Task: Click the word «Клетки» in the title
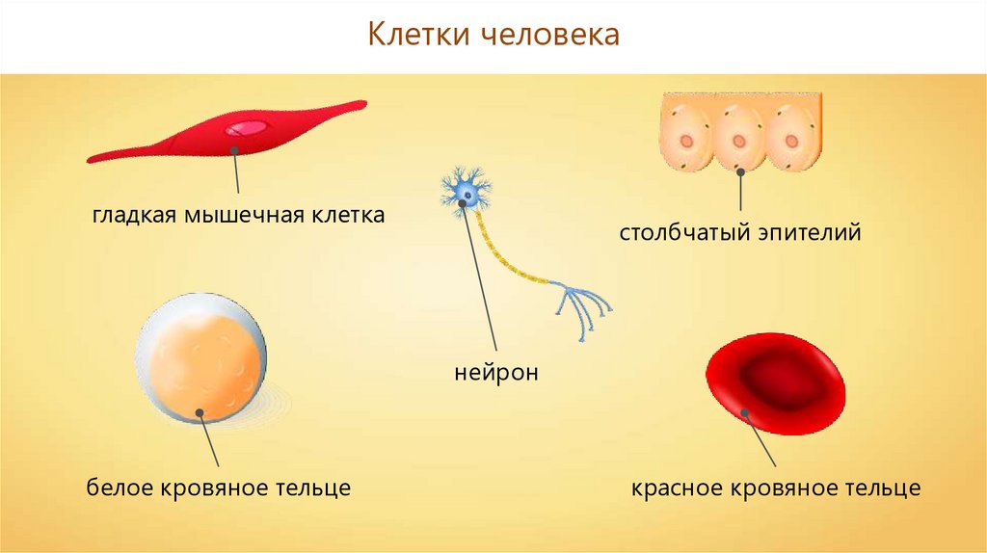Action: [418, 34]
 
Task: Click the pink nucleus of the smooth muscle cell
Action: [246, 128]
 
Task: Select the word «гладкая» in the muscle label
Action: [134, 216]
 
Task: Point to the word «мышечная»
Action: [246, 216]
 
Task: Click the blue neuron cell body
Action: [466, 192]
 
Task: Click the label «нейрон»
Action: [496, 373]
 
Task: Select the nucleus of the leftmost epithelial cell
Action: [686, 141]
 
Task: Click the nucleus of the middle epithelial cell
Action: [739, 141]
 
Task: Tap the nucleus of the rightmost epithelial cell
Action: [791, 141]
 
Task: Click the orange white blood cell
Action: [201, 357]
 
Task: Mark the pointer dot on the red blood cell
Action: [745, 412]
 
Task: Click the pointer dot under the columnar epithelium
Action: [741, 171]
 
